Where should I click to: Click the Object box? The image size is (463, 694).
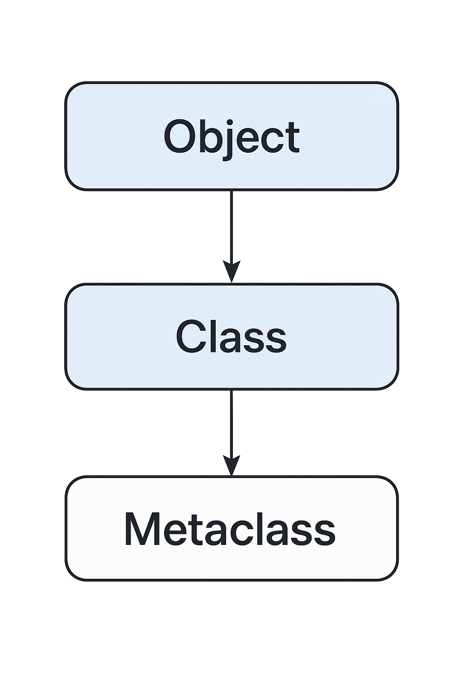[231, 136]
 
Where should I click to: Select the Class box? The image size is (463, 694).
[231, 337]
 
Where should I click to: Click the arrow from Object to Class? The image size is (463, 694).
[231, 236]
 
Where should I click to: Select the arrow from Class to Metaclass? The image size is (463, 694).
[231, 433]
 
